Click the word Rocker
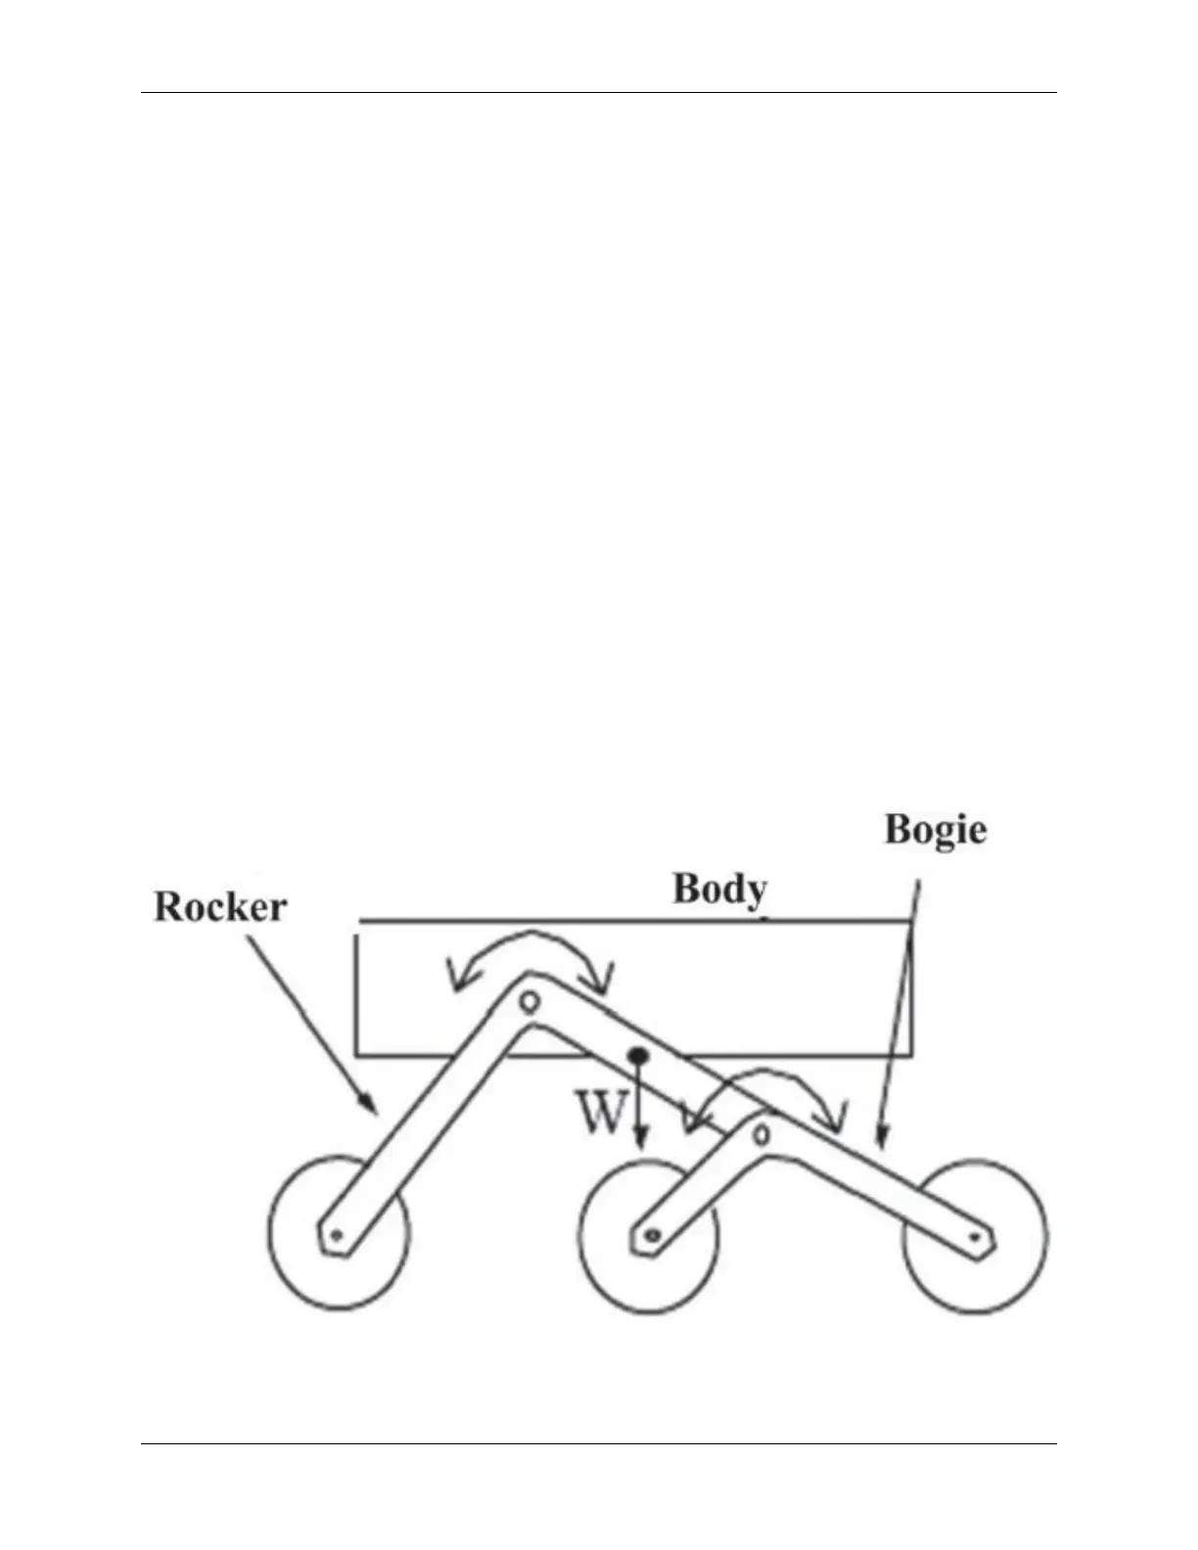220,907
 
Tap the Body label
719,889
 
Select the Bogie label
936,830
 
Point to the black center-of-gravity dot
638,1055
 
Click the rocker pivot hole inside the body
530,1001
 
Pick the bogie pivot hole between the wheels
761,1134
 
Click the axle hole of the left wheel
337,1236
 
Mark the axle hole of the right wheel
975,1238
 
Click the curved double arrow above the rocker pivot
530,941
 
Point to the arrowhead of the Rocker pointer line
372,1108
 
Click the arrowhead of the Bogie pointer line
881,1138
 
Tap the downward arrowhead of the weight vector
639,1141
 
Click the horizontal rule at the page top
599,93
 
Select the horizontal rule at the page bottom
599,1443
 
